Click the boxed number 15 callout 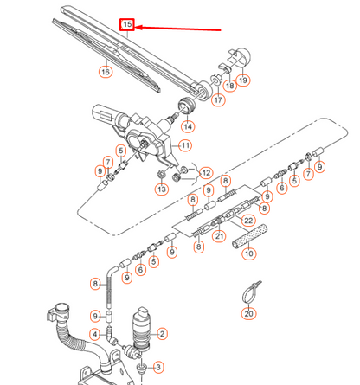[x=127, y=26]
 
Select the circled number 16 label [x=106, y=72]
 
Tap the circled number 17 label [x=217, y=100]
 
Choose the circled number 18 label [x=229, y=86]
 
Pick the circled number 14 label [x=187, y=126]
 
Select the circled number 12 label [x=205, y=173]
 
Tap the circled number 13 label [x=161, y=189]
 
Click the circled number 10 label [x=248, y=253]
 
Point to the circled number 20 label [x=249, y=314]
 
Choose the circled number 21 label [x=219, y=235]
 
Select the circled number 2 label [x=162, y=333]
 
